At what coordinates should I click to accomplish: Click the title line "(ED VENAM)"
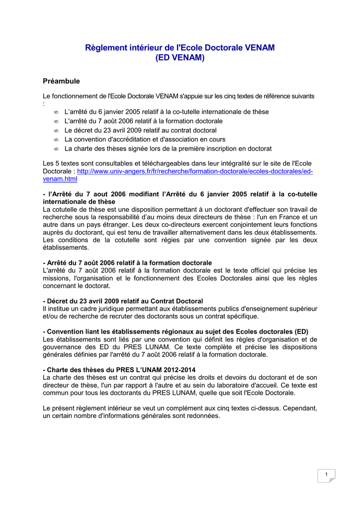click(180, 58)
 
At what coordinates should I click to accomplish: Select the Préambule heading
click(62, 81)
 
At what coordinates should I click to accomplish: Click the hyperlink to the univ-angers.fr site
click(195, 171)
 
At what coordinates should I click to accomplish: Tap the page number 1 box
click(326, 475)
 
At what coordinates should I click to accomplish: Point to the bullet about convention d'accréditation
click(145, 139)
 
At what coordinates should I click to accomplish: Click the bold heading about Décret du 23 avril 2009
click(123, 301)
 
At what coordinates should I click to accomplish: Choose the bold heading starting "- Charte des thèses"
click(119, 370)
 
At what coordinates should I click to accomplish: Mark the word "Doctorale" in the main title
click(222, 48)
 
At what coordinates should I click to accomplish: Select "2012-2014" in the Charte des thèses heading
click(179, 370)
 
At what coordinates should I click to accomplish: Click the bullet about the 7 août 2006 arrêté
click(144, 121)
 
